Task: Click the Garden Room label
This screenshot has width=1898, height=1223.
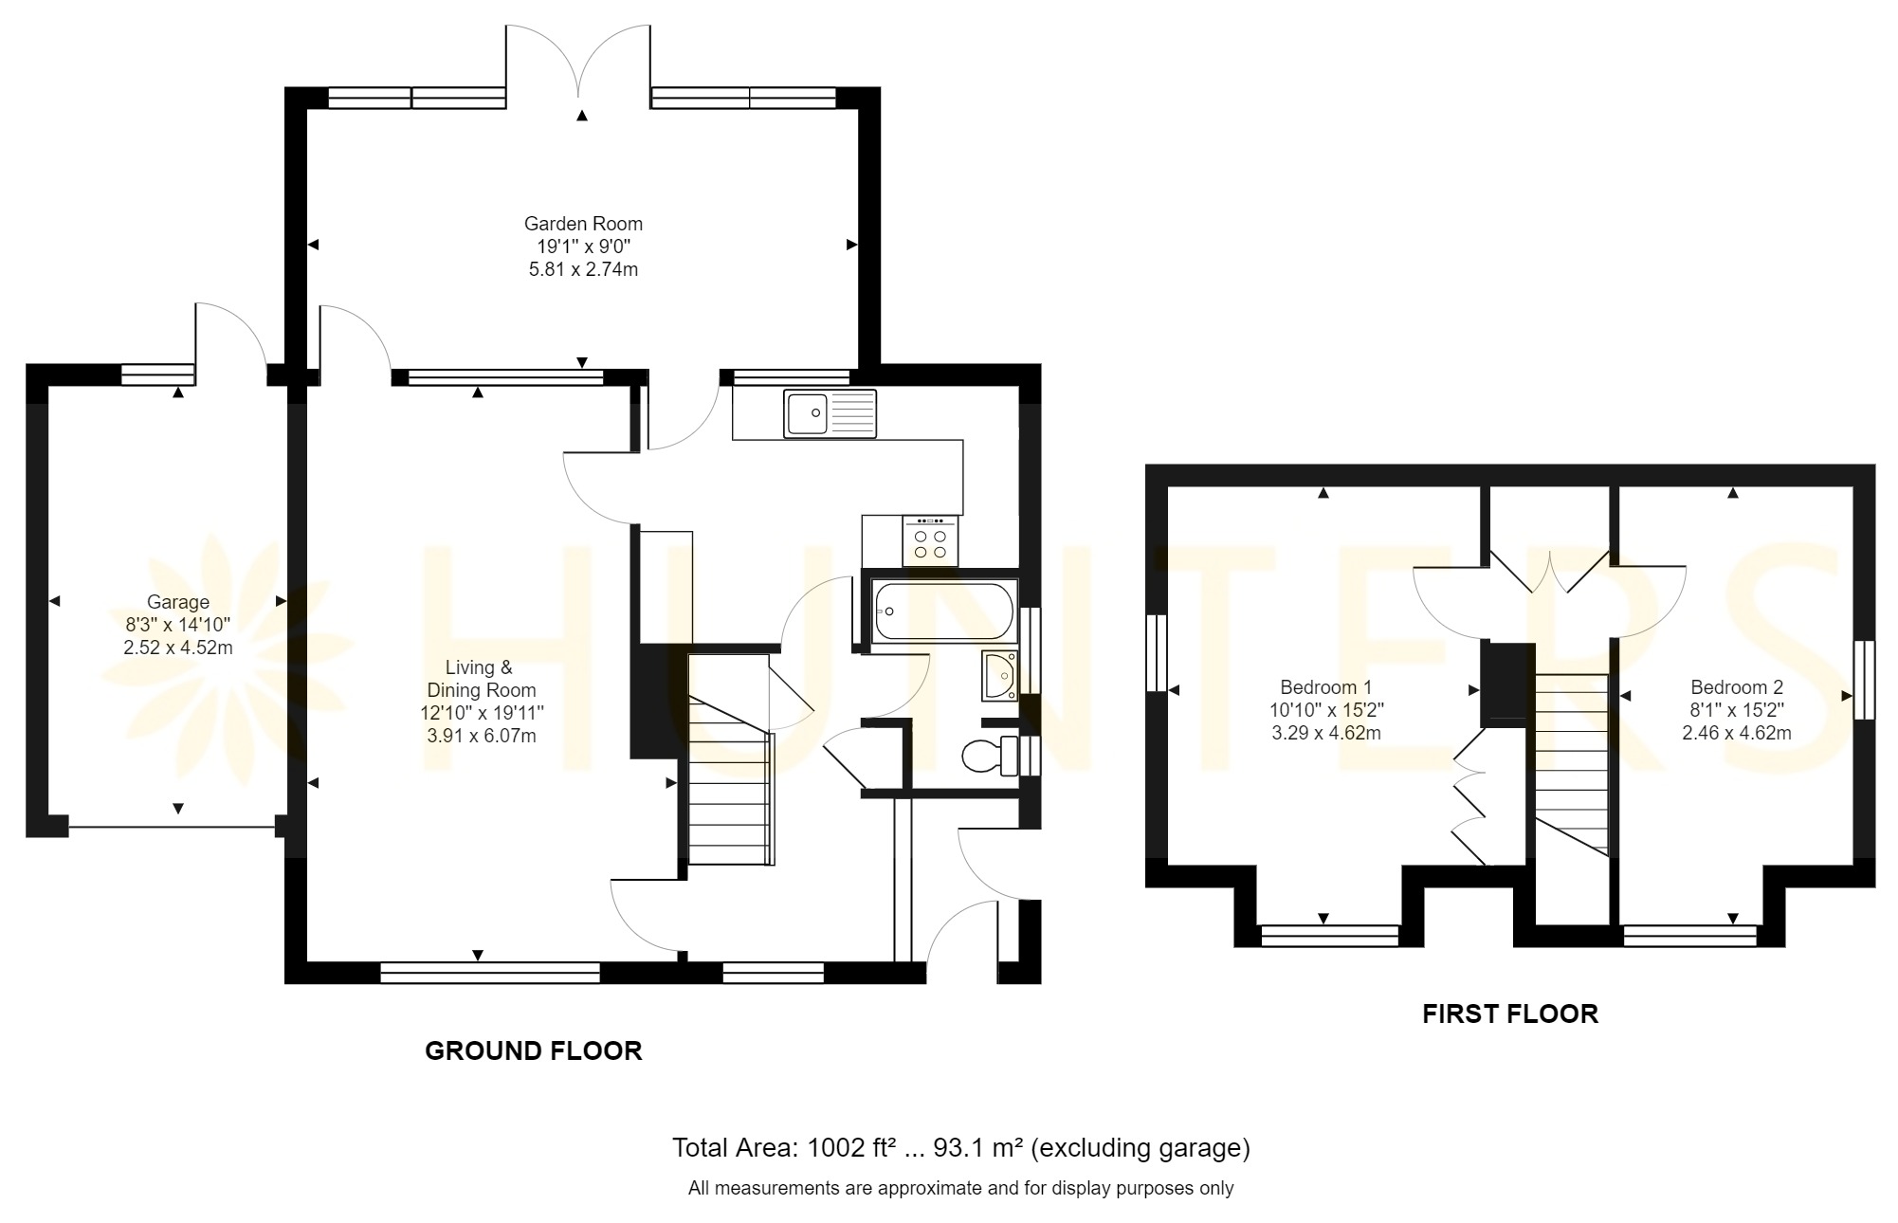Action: [583, 224]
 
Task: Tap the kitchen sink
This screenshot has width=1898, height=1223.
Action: [830, 413]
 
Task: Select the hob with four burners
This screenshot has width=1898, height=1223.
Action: [930, 541]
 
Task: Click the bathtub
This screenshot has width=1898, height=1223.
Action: [942, 611]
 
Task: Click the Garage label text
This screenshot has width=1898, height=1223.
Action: [178, 602]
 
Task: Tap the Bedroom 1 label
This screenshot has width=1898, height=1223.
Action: [1325, 687]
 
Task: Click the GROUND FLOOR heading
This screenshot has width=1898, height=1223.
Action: [534, 1050]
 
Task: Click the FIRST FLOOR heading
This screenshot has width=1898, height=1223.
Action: [1510, 1014]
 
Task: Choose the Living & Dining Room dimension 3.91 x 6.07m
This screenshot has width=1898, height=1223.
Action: [481, 736]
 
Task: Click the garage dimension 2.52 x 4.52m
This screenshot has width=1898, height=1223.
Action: [178, 648]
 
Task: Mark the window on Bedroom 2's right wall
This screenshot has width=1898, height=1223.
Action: [1864, 680]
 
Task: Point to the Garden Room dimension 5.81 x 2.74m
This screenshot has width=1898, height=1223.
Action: [583, 269]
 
